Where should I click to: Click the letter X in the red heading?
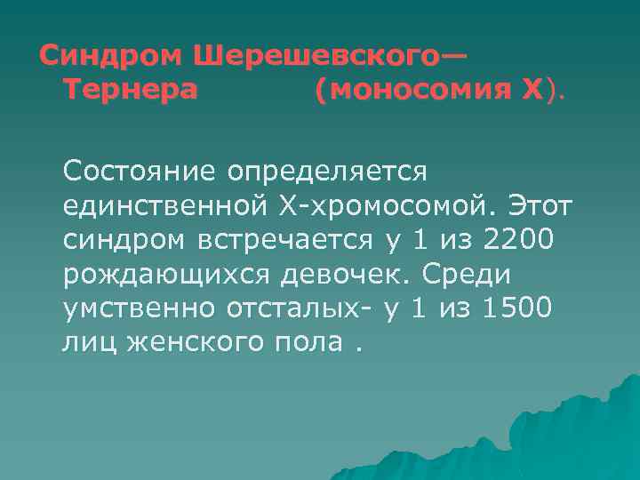(x=531, y=90)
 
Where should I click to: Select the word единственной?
(x=161, y=207)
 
